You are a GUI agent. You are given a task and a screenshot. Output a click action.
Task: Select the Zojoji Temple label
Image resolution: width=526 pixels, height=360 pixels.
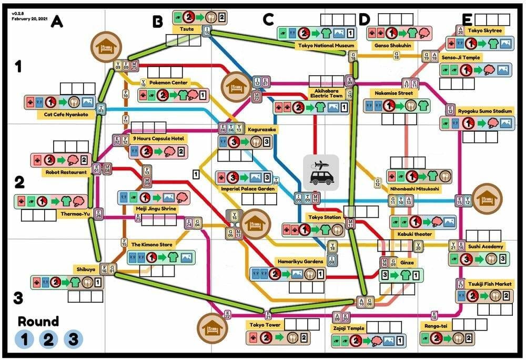click(x=349, y=328)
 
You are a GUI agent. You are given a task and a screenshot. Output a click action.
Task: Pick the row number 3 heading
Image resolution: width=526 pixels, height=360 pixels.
click(x=18, y=298)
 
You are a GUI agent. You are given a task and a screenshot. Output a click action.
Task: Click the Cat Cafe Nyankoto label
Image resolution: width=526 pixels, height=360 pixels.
click(x=60, y=114)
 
